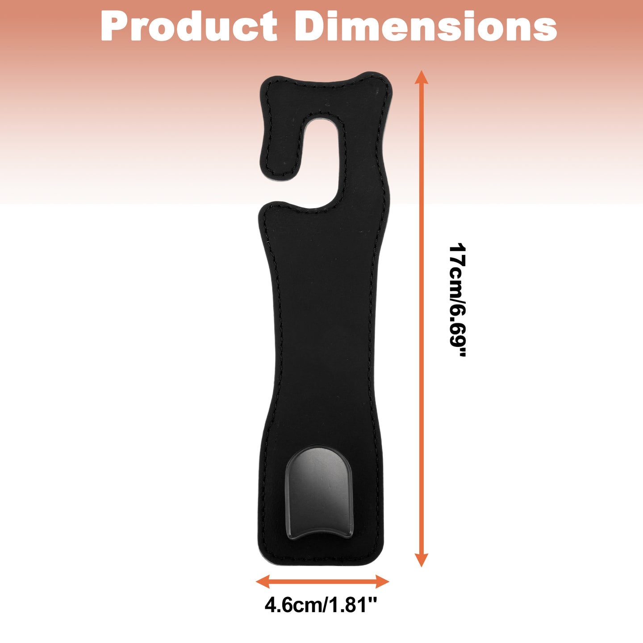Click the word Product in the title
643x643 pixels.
point(189,26)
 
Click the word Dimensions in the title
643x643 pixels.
point(426,26)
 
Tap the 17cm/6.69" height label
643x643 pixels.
point(458,300)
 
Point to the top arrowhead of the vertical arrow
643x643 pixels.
point(422,77)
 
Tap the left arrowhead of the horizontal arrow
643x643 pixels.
point(263,582)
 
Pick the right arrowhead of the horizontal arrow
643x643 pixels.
point(382,582)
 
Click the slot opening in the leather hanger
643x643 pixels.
point(322,157)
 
